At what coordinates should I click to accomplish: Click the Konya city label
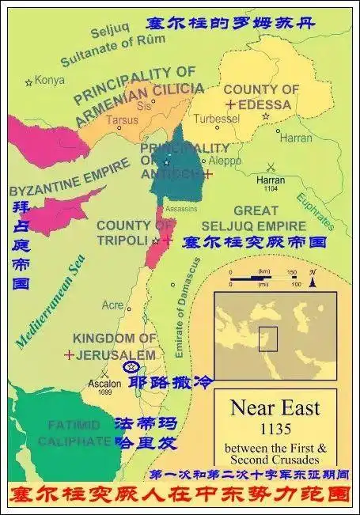click(50, 80)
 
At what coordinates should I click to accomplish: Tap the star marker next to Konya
click(30, 81)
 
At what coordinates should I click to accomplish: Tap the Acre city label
click(112, 305)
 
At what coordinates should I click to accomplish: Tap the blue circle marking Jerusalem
click(131, 366)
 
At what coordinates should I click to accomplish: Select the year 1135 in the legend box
click(275, 430)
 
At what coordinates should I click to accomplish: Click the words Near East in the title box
click(275, 408)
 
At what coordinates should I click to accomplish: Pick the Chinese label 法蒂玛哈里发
click(143, 434)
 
